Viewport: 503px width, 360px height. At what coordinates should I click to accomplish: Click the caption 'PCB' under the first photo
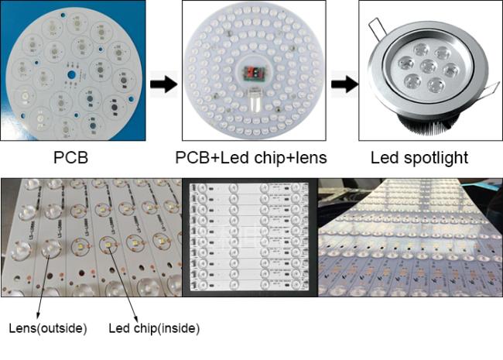[x=70, y=157]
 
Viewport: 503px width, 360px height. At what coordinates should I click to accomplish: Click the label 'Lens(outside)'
[x=48, y=328]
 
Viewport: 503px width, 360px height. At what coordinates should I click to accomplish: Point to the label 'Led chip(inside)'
[x=154, y=328]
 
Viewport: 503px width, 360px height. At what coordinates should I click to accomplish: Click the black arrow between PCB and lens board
[x=163, y=84]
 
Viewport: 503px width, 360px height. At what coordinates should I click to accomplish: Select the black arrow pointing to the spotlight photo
[x=345, y=84]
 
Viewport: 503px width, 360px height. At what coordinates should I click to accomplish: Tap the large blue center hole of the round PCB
[x=71, y=75]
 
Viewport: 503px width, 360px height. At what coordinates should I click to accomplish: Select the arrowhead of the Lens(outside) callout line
[x=38, y=315]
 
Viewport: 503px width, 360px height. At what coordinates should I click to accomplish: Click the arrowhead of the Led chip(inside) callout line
[x=136, y=317]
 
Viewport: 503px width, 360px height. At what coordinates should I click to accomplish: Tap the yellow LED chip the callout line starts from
[x=108, y=245]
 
